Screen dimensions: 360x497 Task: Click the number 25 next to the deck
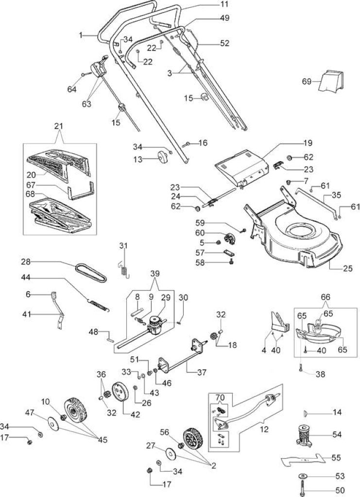347,268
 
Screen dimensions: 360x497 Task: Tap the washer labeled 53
303,476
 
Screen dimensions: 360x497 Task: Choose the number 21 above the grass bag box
59,126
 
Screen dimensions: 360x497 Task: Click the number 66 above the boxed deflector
326,298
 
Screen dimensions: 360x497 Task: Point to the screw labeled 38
300,368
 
